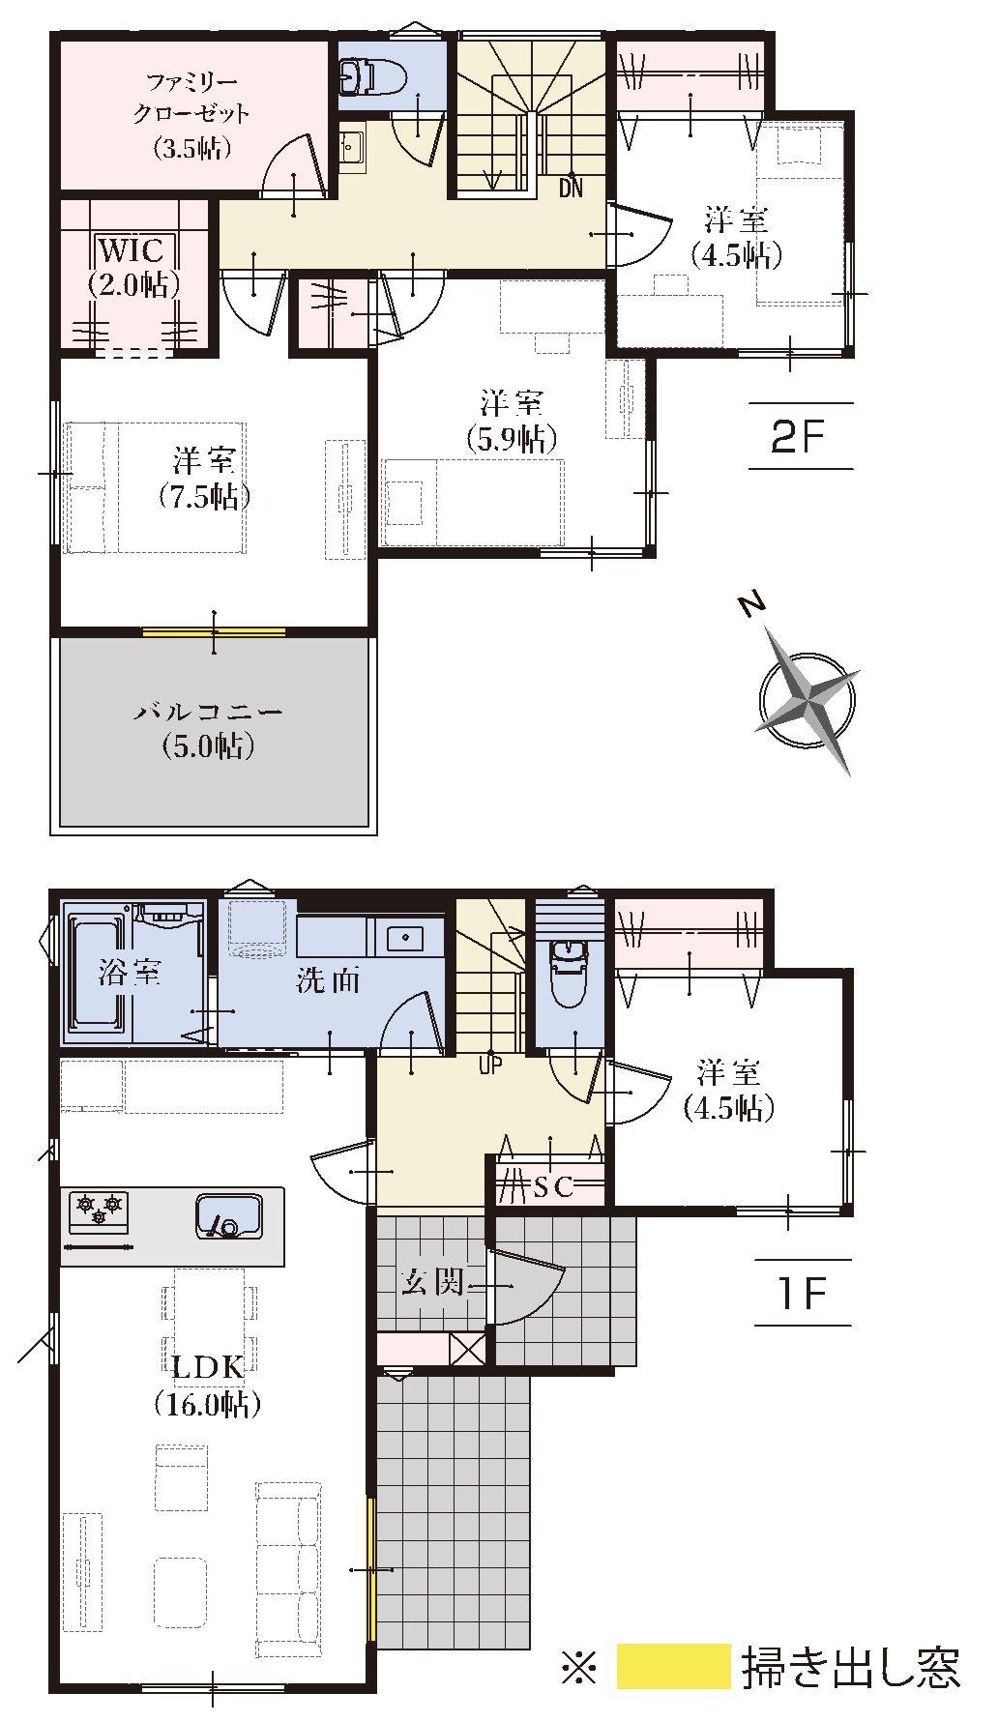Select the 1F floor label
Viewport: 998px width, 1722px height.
tap(801, 1293)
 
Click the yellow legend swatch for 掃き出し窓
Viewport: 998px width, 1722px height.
tap(673, 1666)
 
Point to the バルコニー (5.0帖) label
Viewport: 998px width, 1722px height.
tap(208, 729)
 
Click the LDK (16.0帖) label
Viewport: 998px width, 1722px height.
tap(208, 1385)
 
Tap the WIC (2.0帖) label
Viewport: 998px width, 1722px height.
tap(132, 267)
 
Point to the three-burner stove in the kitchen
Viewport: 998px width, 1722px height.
tap(100, 1210)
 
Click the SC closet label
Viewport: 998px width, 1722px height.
tap(554, 1185)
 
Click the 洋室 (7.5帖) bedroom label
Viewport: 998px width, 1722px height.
tap(204, 478)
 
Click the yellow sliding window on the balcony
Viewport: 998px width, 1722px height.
tap(214, 632)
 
